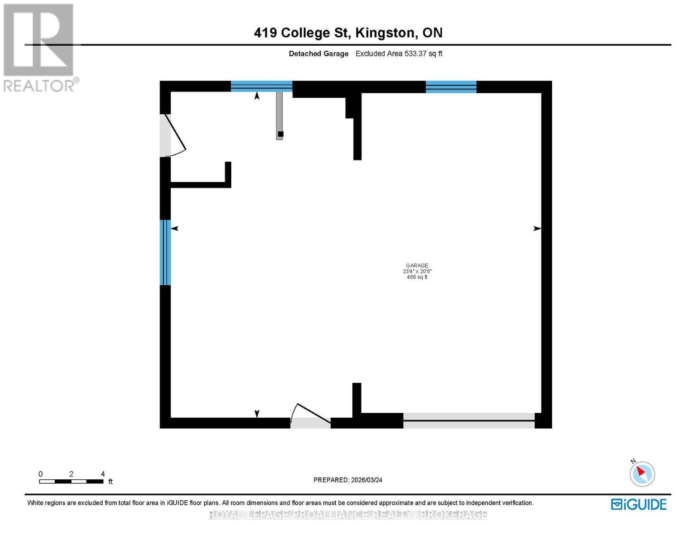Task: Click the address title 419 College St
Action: pos(348,33)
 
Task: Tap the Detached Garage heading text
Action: pos(318,53)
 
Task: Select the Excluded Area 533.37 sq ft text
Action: pos(399,53)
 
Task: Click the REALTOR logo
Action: pos(39,47)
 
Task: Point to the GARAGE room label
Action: pos(417,265)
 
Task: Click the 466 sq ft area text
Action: pos(417,277)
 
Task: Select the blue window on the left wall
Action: pos(165,252)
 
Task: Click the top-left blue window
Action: pos(261,86)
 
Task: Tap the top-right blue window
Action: pos(450,87)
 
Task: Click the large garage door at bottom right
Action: pos(469,421)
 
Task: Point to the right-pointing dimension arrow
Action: pos(536,229)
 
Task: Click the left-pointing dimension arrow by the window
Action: pos(175,229)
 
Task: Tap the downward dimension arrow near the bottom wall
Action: pos(257,413)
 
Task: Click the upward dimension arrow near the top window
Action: pos(257,95)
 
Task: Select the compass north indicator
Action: pos(642,473)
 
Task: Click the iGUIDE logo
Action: pos(639,504)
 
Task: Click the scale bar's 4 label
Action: pos(103,474)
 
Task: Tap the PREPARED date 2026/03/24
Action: pos(348,480)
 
